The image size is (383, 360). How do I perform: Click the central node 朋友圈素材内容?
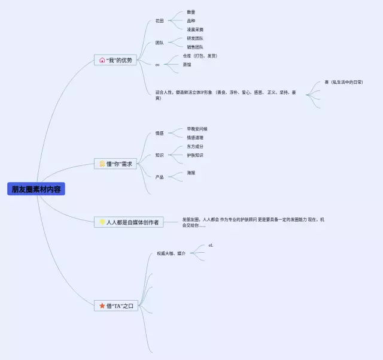click(36, 189)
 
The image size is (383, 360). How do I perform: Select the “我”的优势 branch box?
click(115, 60)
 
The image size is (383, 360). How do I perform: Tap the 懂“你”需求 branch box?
click(116, 164)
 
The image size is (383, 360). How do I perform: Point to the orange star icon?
click(102, 306)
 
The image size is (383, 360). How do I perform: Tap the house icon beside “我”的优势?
click(102, 60)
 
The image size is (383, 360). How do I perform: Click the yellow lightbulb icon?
click(102, 222)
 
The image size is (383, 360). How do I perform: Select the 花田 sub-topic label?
click(159, 21)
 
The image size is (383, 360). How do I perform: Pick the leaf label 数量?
click(191, 12)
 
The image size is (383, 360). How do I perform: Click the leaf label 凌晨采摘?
click(195, 29)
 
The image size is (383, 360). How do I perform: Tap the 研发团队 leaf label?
click(194, 38)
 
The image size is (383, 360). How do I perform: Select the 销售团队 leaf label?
click(194, 47)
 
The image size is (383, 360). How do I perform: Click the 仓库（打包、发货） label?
click(200, 56)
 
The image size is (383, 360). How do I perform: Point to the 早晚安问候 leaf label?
click(197, 129)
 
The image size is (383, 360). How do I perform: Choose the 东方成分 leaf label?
click(194, 146)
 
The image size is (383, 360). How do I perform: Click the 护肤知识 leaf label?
click(194, 155)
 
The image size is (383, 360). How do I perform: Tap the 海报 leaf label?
click(191, 173)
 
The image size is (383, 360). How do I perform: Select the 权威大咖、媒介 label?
click(171, 253)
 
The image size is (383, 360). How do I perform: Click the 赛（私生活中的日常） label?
click(344, 81)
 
